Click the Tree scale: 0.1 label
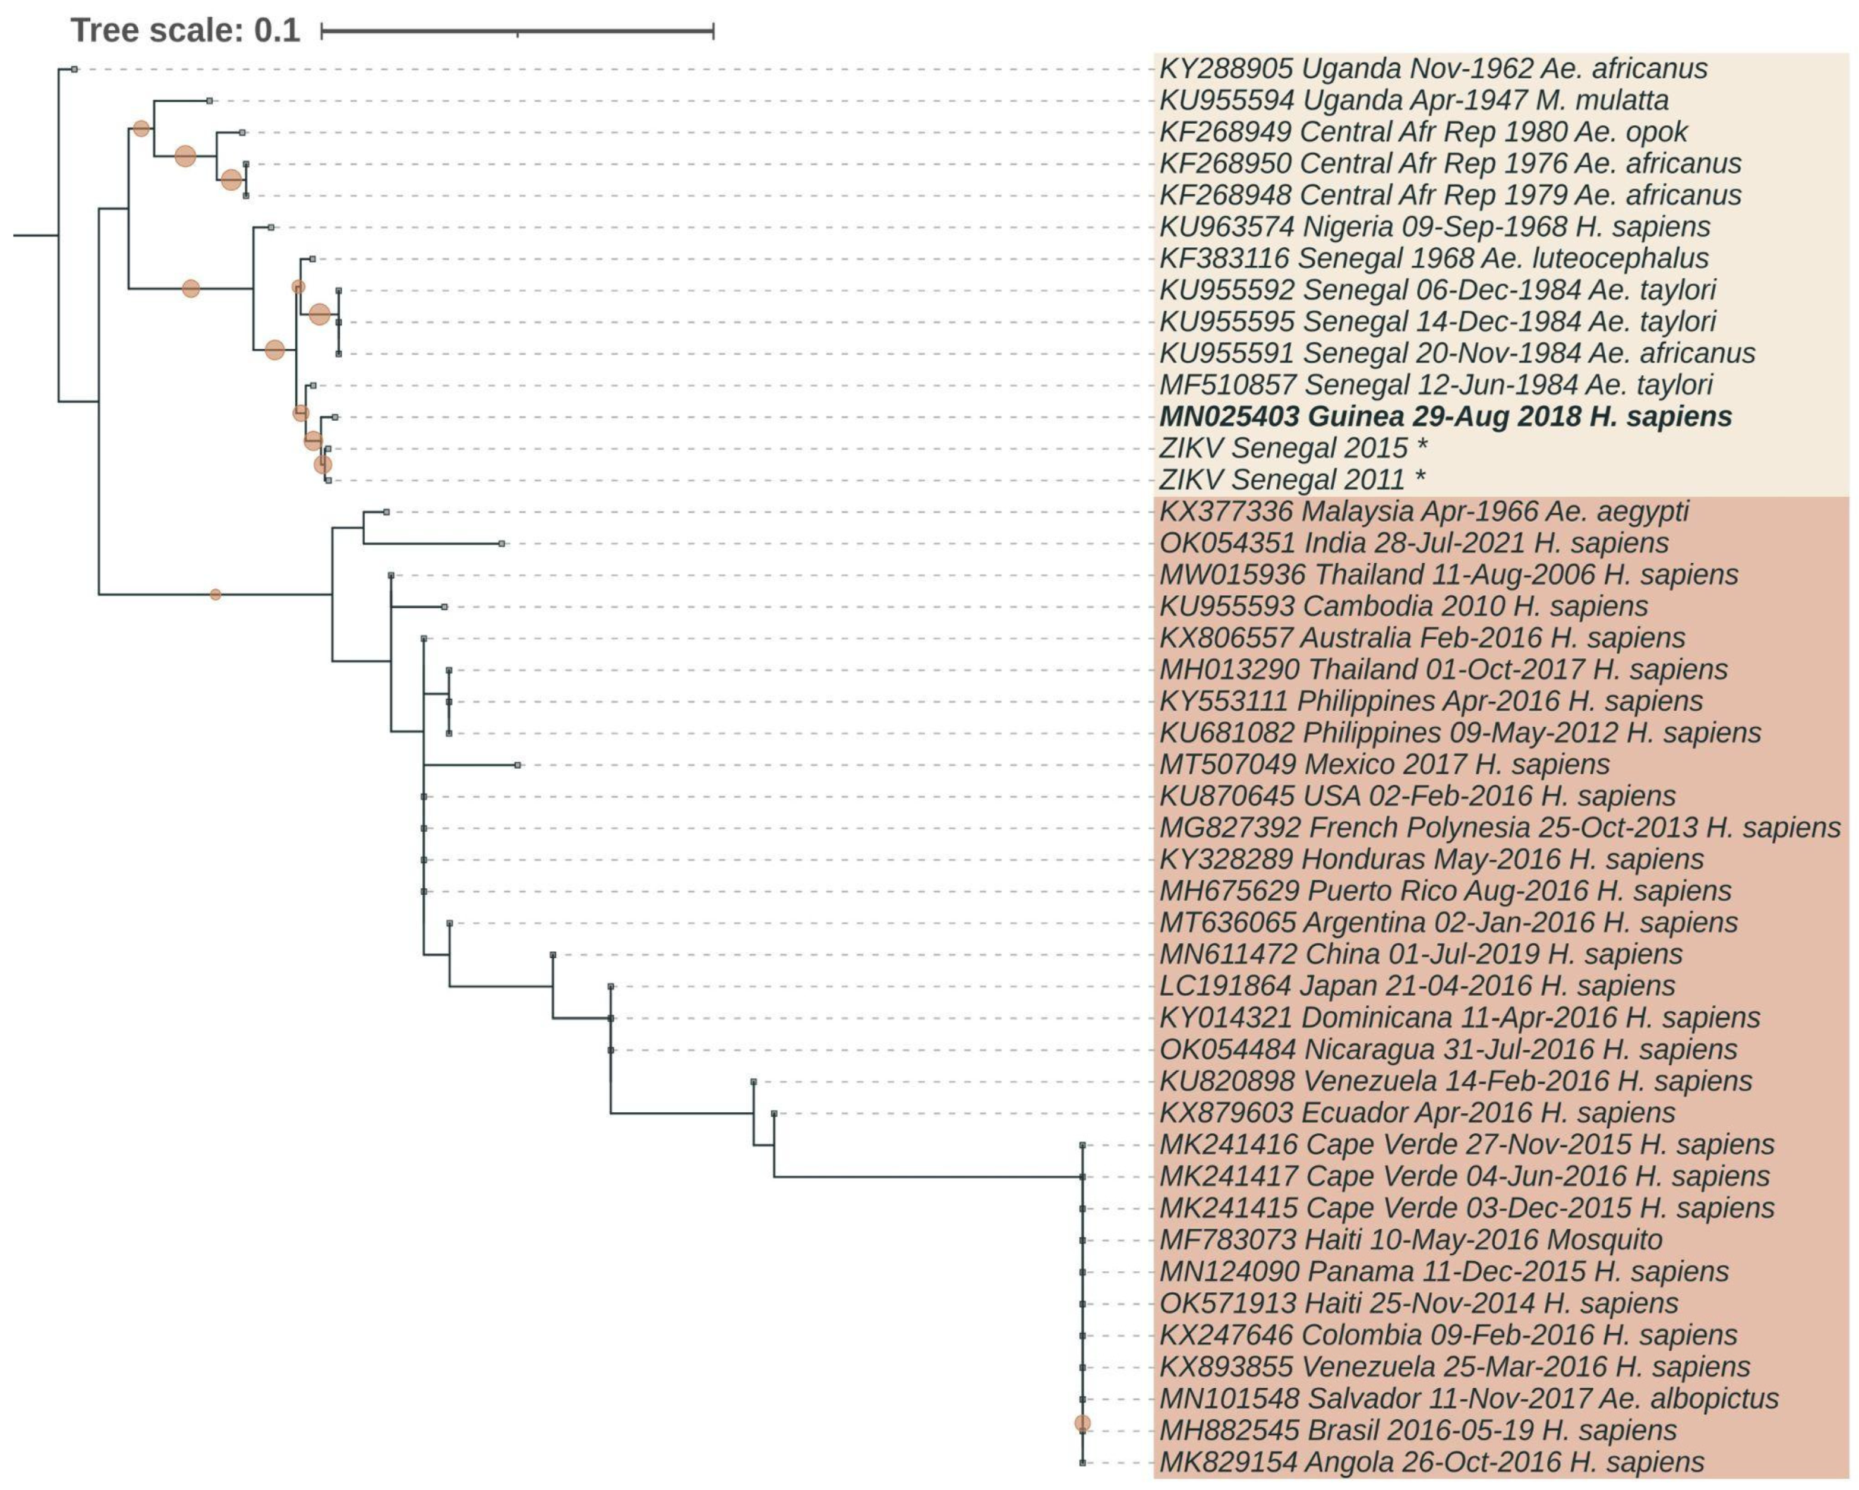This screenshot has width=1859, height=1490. coord(185,31)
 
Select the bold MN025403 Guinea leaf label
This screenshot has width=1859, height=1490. coord(1445,417)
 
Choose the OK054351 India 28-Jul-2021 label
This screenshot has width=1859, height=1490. coord(1414,543)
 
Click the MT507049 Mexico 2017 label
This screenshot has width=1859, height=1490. coord(1384,765)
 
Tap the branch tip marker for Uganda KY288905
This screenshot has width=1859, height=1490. coord(75,69)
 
